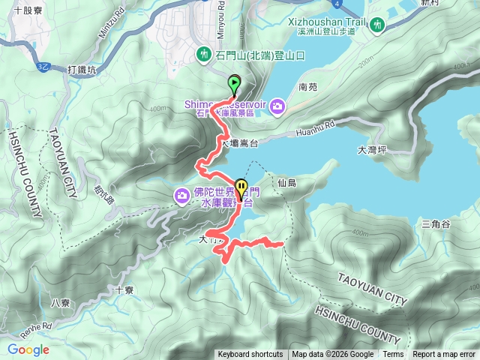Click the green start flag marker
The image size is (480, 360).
pos(234,83)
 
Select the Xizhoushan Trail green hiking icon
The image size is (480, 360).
pos(379,25)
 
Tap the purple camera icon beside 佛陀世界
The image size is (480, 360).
pos(181,196)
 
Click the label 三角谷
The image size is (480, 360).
pos(435,224)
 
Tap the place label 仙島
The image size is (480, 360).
pos(287,183)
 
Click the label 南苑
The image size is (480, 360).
pos(308,87)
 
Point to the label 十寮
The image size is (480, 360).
pos(124,289)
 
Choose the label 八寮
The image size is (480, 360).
pos(60,303)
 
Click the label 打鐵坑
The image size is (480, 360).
pos(82,70)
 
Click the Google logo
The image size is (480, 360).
pos(28,349)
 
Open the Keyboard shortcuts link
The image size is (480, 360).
pos(250,355)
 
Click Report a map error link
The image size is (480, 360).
pos(444,355)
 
